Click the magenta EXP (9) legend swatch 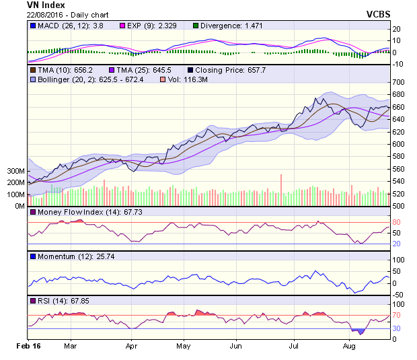[122, 26]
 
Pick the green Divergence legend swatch [196, 26]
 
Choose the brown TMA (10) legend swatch [33, 69]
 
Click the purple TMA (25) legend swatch [111, 69]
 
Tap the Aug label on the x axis [348, 346]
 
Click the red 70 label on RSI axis [397, 314]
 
